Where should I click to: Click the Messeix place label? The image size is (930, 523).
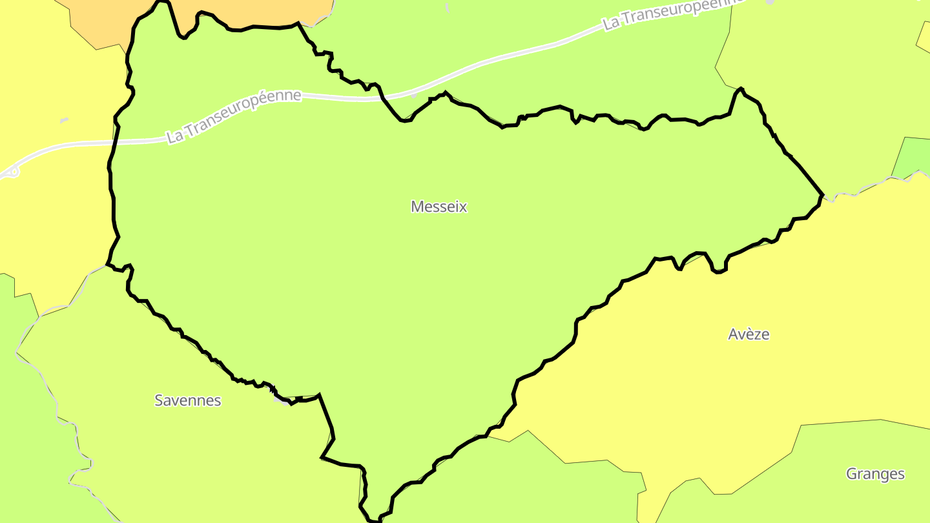(x=439, y=207)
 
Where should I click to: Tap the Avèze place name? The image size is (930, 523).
(x=749, y=334)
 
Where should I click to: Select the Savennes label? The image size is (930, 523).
(x=187, y=400)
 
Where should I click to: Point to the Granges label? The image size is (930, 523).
(x=875, y=474)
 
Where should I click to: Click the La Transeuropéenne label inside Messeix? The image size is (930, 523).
(x=234, y=116)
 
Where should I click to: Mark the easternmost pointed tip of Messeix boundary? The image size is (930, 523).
(x=823, y=194)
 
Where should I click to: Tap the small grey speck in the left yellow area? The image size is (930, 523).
(x=64, y=120)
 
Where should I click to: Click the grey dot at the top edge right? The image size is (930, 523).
(x=769, y=2)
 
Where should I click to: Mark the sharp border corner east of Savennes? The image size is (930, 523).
(x=319, y=394)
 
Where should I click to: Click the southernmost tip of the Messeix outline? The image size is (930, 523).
(x=375, y=520)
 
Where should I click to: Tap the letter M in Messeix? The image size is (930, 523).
(x=417, y=207)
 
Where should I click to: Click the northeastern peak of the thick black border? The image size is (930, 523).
(x=740, y=88)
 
